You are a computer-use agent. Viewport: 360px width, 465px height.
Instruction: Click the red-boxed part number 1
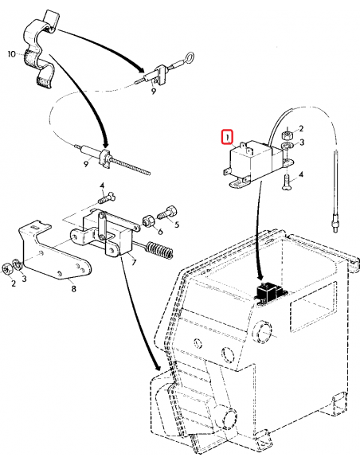[228, 137]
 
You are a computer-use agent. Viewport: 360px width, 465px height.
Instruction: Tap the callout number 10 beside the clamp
[11, 54]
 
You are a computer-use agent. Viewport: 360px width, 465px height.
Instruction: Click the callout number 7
[134, 262]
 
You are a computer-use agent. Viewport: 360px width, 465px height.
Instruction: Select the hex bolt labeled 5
[166, 213]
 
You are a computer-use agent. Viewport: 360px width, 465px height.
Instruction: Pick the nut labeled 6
[147, 219]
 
